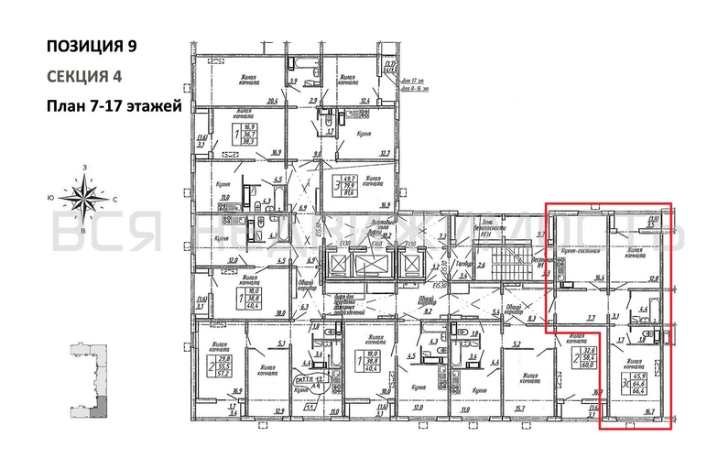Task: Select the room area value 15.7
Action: coord(519,409)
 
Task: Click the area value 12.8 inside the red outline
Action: coord(654,277)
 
